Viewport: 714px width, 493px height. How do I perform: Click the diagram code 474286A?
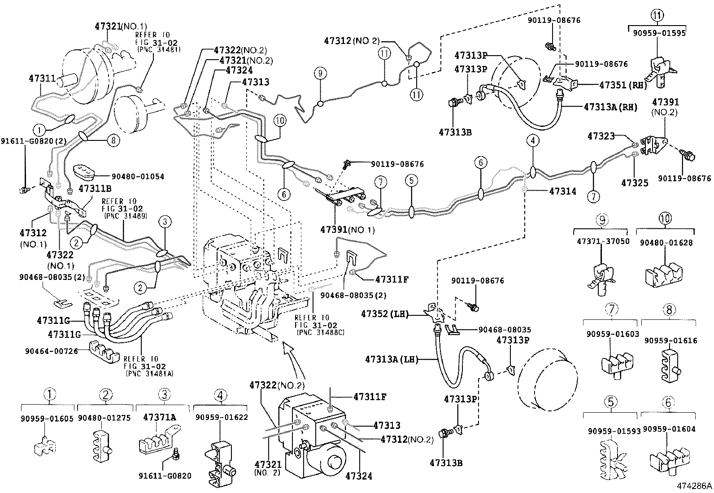694,485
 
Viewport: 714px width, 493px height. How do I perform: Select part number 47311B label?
95,188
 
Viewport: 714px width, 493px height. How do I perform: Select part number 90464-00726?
52,351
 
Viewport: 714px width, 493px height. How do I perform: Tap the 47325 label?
635,183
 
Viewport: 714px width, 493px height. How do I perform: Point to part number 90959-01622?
222,417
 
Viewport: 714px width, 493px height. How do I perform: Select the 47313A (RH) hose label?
610,107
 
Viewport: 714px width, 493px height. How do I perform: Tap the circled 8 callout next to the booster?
113,140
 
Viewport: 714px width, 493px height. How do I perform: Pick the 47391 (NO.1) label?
347,230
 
